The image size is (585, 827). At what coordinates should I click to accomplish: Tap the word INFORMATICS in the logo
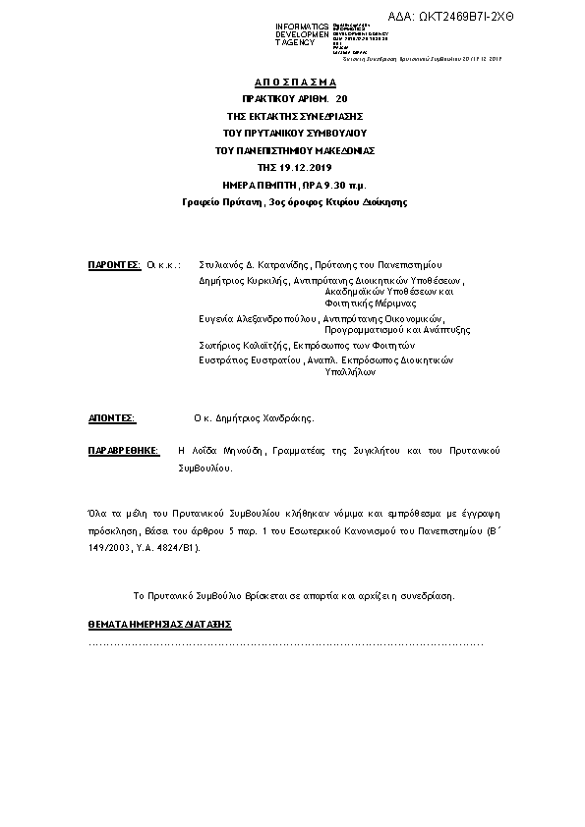point(302,27)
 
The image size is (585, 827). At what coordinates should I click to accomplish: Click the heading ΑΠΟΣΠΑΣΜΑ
point(294,83)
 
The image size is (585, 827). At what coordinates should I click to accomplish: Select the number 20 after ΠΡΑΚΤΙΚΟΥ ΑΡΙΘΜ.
point(341,99)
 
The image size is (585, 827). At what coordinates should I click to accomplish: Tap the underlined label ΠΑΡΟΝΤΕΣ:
point(114,265)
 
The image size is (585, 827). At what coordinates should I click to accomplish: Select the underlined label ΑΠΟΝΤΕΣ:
point(111,417)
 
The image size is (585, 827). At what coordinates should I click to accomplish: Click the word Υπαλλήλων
point(353,373)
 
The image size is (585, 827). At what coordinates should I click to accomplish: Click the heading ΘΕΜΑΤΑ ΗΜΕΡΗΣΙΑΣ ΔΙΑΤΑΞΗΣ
point(160,625)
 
